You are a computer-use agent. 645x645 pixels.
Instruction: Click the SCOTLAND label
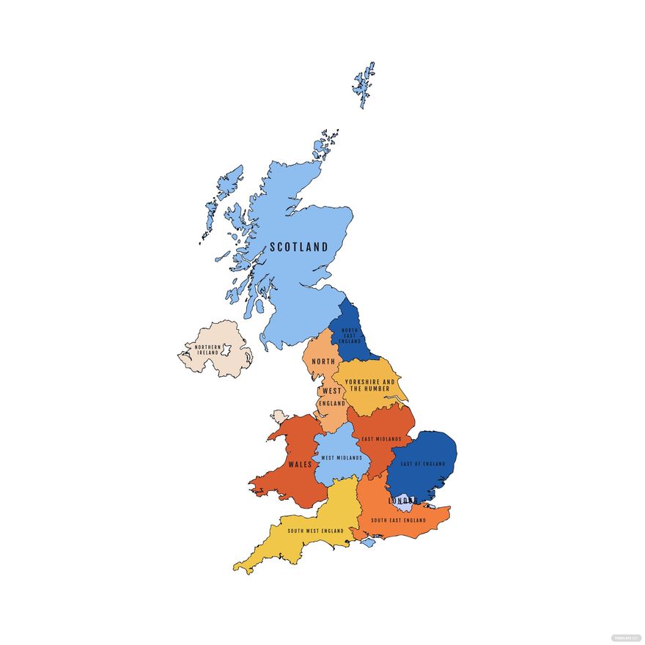coord(299,247)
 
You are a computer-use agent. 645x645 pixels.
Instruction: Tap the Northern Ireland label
coord(207,350)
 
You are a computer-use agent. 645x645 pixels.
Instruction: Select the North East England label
coord(350,336)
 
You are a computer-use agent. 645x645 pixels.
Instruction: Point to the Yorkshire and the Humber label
coord(369,386)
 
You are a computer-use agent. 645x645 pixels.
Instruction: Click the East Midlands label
coord(382,439)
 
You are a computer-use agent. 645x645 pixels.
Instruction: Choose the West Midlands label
coord(342,458)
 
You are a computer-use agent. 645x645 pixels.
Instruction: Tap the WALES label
coord(300,464)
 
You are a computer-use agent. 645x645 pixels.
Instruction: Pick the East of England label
coord(423,464)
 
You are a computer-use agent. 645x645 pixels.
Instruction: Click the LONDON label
coord(402,501)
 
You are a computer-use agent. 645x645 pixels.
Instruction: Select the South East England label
coord(398,520)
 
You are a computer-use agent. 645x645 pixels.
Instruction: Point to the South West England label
coord(315,531)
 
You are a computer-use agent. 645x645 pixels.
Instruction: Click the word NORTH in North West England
coord(323,362)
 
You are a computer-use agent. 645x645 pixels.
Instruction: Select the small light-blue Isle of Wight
coord(368,542)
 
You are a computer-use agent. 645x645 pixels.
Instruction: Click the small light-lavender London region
coord(405,506)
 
